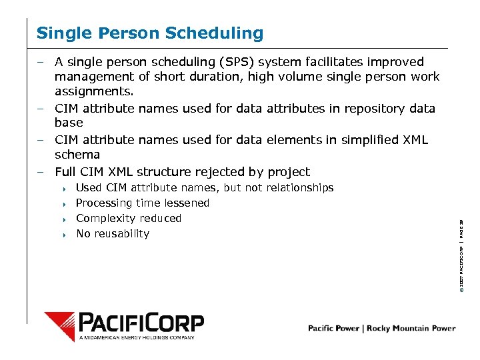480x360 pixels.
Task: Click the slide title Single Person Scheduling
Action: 150,33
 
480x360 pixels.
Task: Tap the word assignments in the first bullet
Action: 94,91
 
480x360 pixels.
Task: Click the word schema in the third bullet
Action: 77,154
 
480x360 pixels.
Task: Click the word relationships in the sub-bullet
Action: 300,188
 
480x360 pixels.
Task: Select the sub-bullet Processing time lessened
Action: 143,203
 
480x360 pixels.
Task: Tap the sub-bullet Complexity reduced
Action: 129,219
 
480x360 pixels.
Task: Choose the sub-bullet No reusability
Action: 113,234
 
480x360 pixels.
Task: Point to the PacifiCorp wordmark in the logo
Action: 141,323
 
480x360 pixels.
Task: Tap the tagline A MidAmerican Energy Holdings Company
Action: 137,338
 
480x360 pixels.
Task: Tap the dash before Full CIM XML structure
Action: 41,172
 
